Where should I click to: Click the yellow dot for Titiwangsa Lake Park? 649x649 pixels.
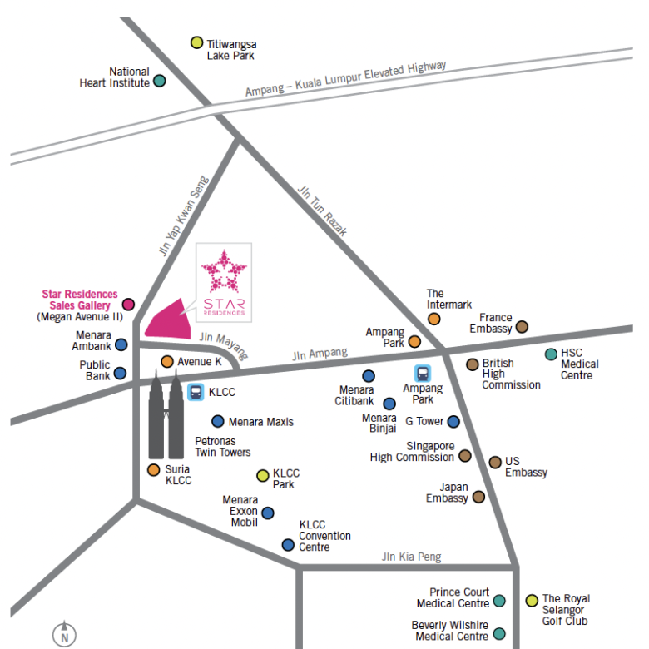[196, 42]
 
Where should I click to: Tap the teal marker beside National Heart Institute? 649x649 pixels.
[160, 81]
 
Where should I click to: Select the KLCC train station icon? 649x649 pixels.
[196, 392]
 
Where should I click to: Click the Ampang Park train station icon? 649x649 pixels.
[423, 374]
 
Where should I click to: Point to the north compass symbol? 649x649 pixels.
[64, 634]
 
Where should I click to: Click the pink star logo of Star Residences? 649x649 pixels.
[224, 271]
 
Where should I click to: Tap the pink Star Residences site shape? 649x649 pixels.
[168, 320]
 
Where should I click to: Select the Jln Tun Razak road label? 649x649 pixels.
[323, 211]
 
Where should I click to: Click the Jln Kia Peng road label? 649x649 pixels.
[411, 557]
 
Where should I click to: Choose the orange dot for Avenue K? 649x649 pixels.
[167, 362]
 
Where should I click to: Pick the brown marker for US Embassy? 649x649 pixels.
[495, 463]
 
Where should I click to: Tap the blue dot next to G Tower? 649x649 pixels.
[453, 422]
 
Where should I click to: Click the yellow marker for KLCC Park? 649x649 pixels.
[263, 476]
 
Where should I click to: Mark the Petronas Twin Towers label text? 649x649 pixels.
[223, 447]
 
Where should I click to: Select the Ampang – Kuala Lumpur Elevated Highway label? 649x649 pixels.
[345, 79]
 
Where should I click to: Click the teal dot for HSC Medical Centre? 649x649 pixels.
[551, 354]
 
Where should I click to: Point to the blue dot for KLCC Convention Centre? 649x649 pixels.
[288, 545]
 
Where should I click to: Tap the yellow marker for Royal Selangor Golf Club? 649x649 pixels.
[532, 601]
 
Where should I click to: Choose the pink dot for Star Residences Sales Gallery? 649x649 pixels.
[128, 305]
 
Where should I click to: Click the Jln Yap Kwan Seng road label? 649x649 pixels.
[184, 216]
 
